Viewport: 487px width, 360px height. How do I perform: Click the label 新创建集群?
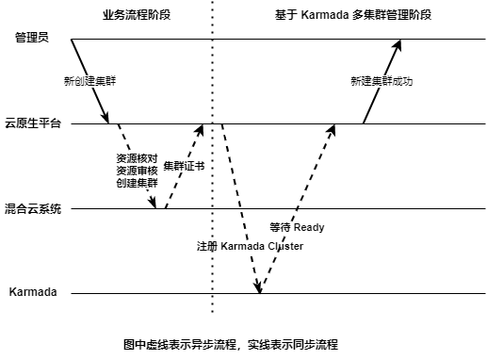[x=89, y=82]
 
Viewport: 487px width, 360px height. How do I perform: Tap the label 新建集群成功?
[x=381, y=82]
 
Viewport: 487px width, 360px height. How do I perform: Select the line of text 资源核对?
[x=137, y=158]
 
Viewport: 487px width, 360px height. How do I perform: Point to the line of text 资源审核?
[x=137, y=171]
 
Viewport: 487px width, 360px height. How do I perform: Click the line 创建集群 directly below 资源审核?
[x=137, y=183]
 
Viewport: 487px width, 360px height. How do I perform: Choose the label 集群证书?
[x=184, y=167]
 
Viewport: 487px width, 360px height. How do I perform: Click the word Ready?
[x=309, y=227]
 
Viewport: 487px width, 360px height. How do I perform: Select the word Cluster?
[x=285, y=247]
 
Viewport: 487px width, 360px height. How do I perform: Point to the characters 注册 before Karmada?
[x=206, y=247]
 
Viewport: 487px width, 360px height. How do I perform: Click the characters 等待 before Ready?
[x=280, y=227]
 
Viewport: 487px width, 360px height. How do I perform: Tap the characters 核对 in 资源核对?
[x=147, y=158]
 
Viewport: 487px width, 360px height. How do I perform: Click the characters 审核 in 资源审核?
[x=147, y=171]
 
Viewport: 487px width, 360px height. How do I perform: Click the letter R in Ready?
[x=298, y=227]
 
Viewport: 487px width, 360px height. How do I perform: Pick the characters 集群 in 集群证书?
[x=173, y=167]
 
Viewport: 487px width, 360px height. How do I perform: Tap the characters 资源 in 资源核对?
[x=126, y=158]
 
